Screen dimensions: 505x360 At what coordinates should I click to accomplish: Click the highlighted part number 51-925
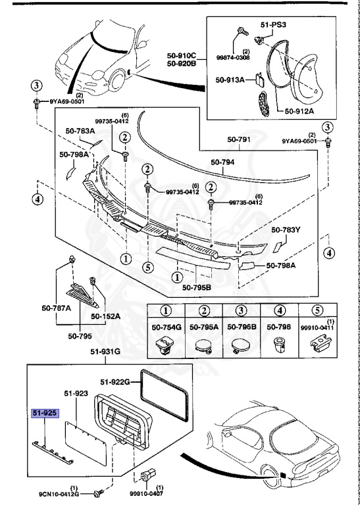pyautogui.click(x=45, y=413)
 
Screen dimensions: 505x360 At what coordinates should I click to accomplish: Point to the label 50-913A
pyautogui.click(x=230, y=80)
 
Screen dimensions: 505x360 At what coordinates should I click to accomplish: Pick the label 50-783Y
pyautogui.click(x=286, y=230)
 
